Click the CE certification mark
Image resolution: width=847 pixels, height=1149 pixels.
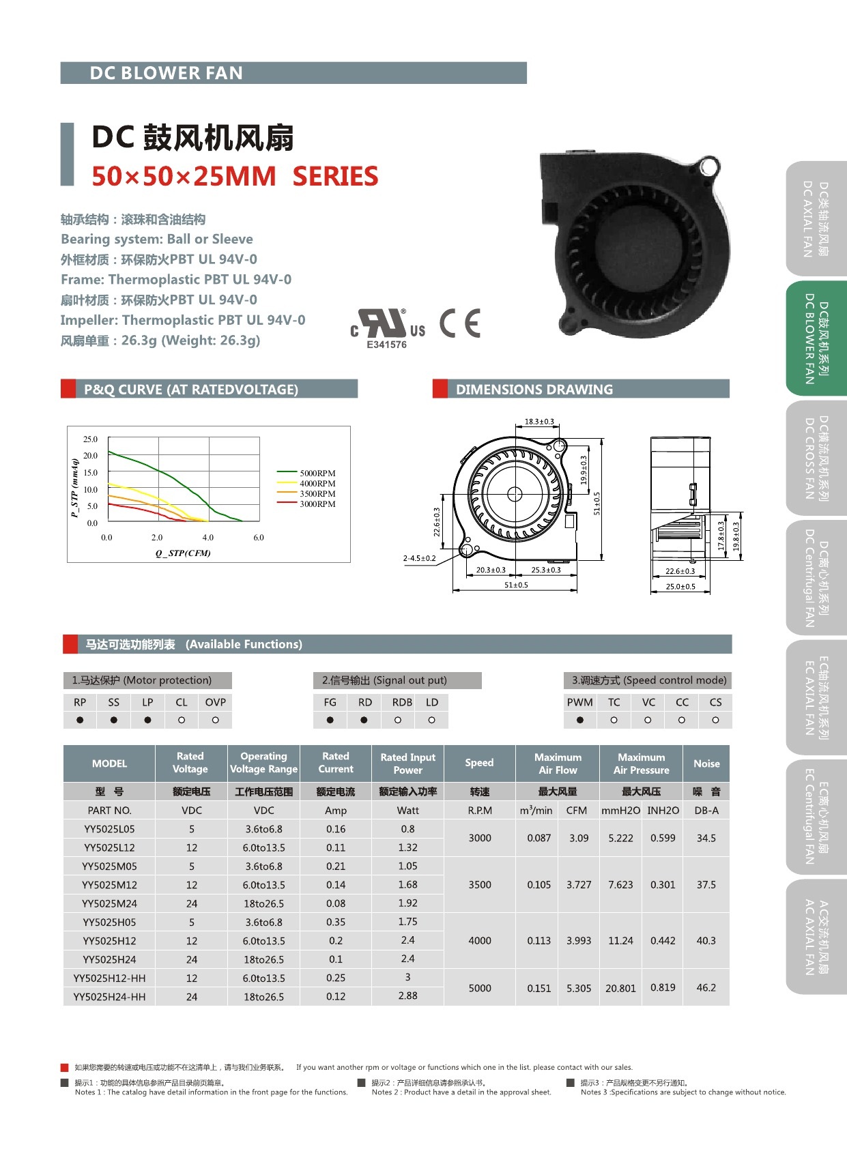[x=460, y=323]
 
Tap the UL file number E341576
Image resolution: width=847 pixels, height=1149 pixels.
[x=386, y=345]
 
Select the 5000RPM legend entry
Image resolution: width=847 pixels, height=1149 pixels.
[x=317, y=473]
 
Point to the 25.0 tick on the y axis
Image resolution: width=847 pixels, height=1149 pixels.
[x=90, y=439]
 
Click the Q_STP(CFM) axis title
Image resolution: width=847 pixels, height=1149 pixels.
[x=183, y=553]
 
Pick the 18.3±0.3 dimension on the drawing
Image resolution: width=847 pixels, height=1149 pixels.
[x=539, y=422]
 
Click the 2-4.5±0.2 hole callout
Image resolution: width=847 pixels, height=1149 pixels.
[x=419, y=558]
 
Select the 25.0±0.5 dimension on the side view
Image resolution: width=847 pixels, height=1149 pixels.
[x=680, y=586]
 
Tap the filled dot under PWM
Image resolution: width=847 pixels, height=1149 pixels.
[x=579, y=720]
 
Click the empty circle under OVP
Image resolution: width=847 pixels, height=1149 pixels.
[x=215, y=720]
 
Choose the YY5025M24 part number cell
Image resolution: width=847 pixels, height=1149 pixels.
[x=109, y=903]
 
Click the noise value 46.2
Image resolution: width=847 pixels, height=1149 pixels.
[x=706, y=987]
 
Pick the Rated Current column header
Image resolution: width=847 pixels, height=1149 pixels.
[x=336, y=763]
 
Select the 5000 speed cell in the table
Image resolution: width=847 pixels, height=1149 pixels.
[x=480, y=988]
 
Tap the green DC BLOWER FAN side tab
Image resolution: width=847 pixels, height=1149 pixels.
[x=816, y=338]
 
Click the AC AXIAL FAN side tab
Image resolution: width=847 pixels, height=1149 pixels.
[x=816, y=937]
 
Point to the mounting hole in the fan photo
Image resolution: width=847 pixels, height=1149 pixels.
[x=708, y=166]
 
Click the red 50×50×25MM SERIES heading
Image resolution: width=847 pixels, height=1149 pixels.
[x=235, y=177]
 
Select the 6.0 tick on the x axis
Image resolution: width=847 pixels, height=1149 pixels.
[x=259, y=538]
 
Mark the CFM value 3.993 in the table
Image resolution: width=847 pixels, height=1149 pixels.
[x=579, y=941]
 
